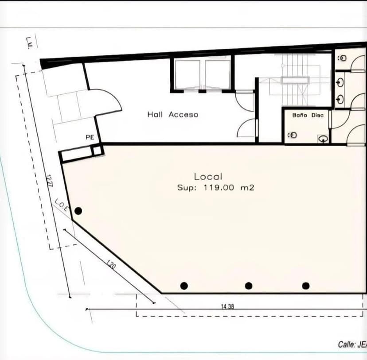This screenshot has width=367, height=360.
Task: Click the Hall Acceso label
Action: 172,115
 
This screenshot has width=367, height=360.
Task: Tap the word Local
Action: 208,177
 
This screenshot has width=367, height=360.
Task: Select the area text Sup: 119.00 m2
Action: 215,188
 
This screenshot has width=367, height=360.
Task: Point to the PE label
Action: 90,138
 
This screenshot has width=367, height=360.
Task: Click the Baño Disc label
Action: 308,115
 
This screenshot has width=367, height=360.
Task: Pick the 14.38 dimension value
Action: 227,306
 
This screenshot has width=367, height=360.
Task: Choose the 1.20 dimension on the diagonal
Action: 111,266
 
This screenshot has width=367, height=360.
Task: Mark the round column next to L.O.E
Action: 78,211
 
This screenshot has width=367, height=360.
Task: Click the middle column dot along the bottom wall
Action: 249,286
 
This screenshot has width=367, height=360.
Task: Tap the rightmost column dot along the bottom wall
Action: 306,286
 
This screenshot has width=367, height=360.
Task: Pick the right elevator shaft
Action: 218,74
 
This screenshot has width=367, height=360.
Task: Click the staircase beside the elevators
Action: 295,80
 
